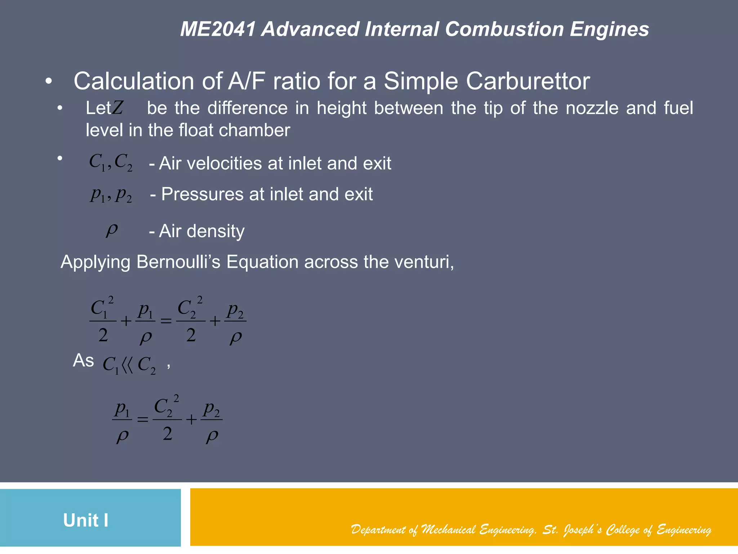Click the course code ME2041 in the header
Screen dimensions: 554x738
click(x=218, y=29)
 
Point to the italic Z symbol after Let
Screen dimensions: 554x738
click(x=117, y=107)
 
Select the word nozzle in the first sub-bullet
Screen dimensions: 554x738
click(x=592, y=108)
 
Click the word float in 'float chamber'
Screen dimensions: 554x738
click(x=196, y=130)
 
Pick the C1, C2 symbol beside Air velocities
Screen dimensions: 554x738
click(x=111, y=162)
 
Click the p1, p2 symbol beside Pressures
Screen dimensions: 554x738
click(x=111, y=195)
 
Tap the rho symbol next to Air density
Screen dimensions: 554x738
click(x=112, y=230)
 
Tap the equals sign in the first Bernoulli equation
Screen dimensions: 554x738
click(x=166, y=321)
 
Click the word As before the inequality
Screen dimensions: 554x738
click(x=83, y=360)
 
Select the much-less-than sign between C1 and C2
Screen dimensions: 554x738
click(x=128, y=365)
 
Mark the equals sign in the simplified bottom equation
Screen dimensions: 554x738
click(x=143, y=419)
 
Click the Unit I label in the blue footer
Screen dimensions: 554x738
click(x=86, y=520)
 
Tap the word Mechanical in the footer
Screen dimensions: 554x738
click(x=449, y=529)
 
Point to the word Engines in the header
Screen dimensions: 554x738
click(x=609, y=29)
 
